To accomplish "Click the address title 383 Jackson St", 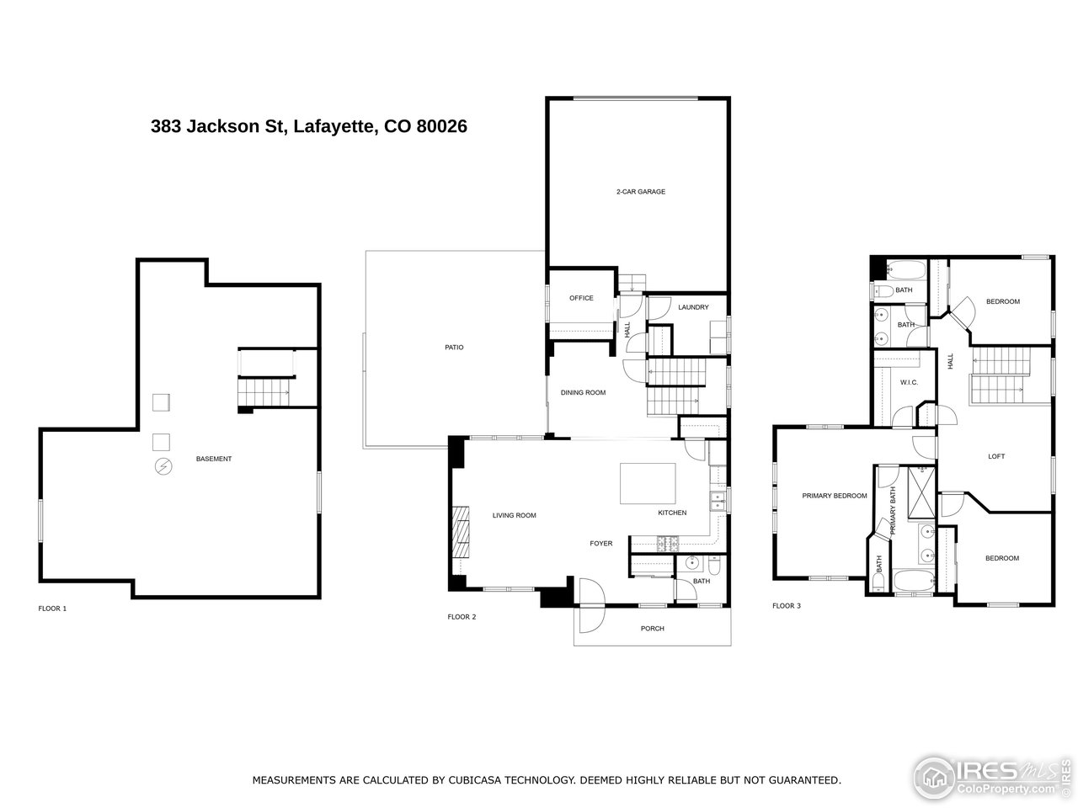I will pyautogui.click(x=308, y=127).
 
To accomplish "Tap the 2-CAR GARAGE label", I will pyautogui.click(x=641, y=192).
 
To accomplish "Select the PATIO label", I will pyautogui.click(x=454, y=348).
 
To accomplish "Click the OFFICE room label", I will pyautogui.click(x=581, y=298).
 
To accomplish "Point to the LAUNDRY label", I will pyautogui.click(x=693, y=307).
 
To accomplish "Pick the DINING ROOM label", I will pyautogui.click(x=583, y=392).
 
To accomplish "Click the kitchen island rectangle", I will pyautogui.click(x=648, y=483).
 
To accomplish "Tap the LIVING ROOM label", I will pyautogui.click(x=514, y=516).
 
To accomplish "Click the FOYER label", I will pyautogui.click(x=600, y=544).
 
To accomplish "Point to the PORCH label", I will pyautogui.click(x=652, y=628).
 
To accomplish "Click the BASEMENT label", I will pyautogui.click(x=213, y=459).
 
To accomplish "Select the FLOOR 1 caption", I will pyautogui.click(x=52, y=608).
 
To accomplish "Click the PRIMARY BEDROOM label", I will pyautogui.click(x=834, y=496).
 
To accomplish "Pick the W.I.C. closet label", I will pyautogui.click(x=908, y=383).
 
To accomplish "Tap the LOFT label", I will pyautogui.click(x=996, y=456).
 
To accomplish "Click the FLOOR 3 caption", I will pyautogui.click(x=787, y=605).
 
